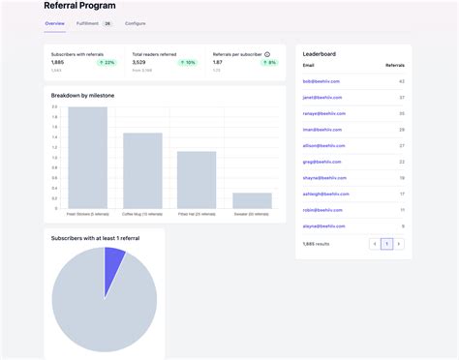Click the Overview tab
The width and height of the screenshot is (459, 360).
54,22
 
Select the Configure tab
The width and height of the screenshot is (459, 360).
136,22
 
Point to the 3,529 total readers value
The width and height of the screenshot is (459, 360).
139,62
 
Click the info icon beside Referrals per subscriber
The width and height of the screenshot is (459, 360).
267,54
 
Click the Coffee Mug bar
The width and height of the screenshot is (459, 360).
142,169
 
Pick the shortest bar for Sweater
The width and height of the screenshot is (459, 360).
252,199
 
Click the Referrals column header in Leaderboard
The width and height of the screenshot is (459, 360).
395,66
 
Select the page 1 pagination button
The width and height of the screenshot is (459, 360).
386,244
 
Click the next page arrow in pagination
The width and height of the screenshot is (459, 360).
398,244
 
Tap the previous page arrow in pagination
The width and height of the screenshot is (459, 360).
375,244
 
